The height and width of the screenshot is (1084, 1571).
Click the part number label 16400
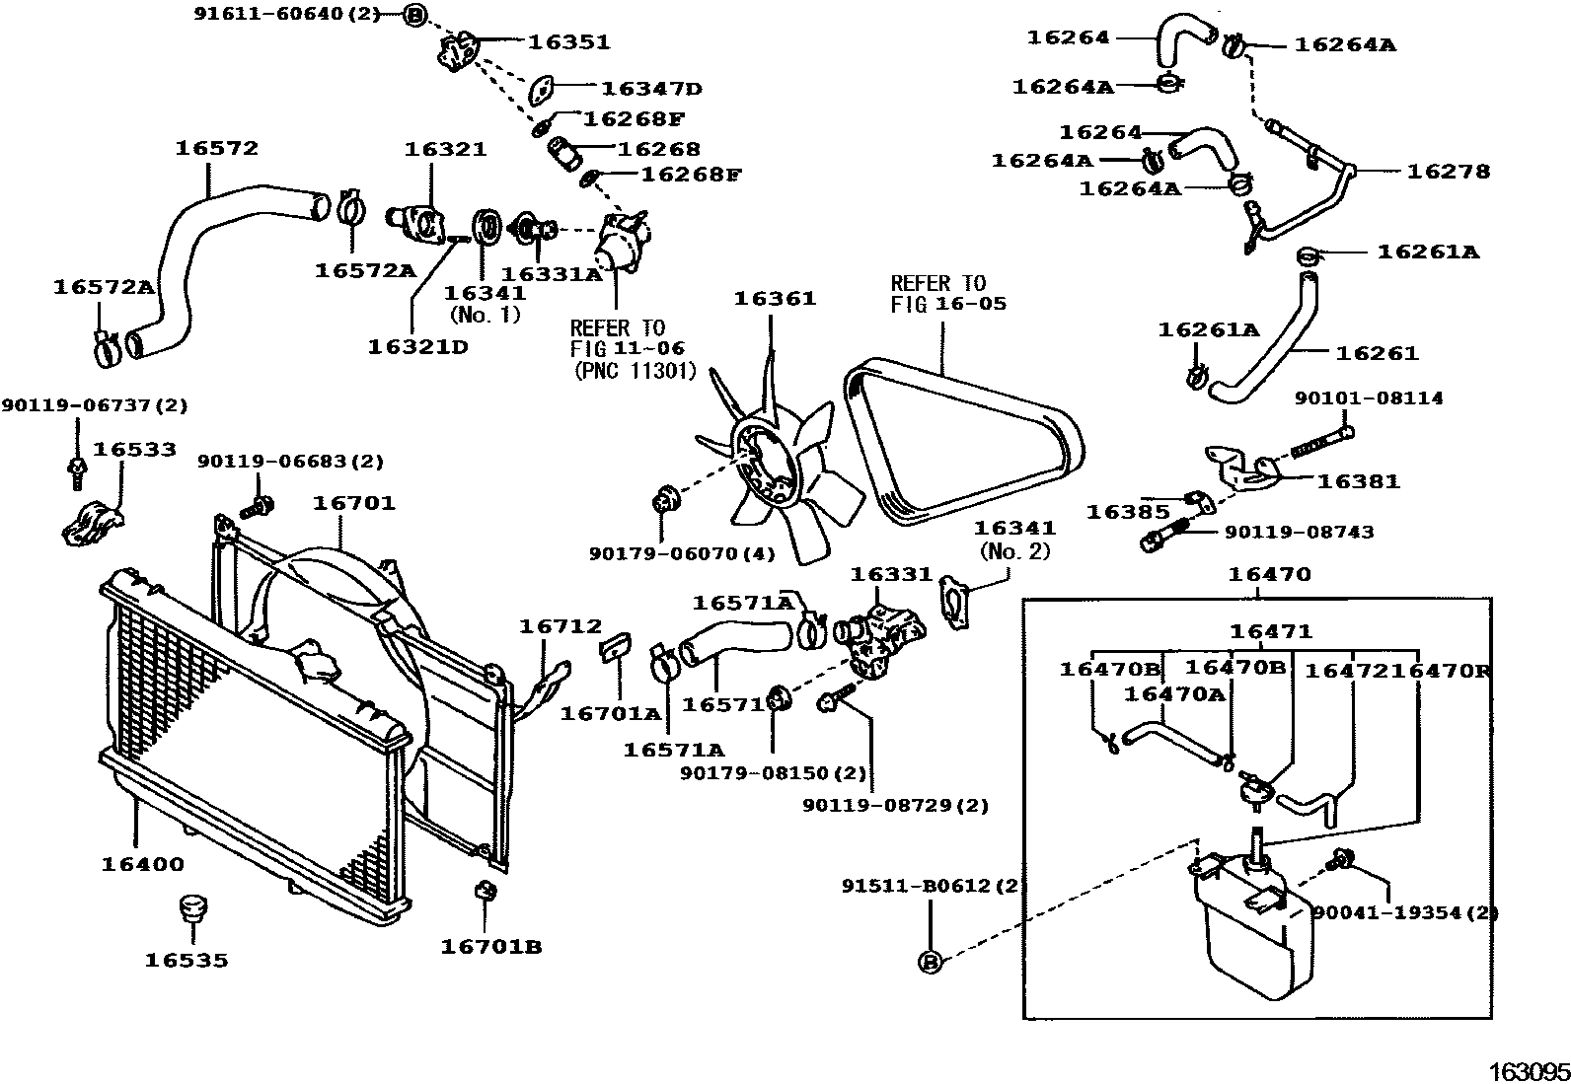point(142,864)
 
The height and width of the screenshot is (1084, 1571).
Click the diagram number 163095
point(1528,1071)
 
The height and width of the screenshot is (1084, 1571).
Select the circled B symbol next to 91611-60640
point(415,14)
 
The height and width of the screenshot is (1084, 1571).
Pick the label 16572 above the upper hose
point(216,148)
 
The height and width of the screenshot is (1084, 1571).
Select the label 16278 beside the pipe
point(1448,171)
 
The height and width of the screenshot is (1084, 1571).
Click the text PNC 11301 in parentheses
point(635,371)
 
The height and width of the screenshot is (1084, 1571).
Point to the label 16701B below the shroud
point(490,946)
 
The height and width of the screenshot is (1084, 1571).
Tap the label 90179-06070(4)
point(682,553)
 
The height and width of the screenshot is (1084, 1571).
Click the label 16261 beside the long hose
point(1377,352)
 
